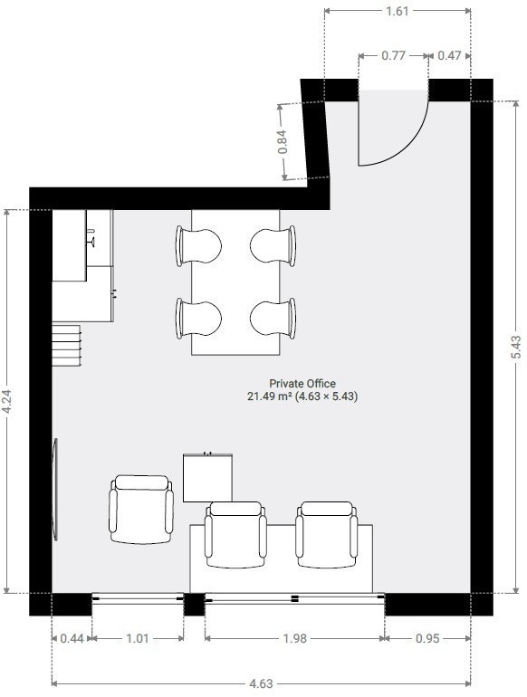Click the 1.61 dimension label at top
pos(398,12)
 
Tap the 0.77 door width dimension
pos(393,55)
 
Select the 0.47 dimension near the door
pos(449,55)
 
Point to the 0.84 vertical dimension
pos(283,142)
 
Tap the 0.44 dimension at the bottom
pos(72,639)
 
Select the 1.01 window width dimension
pos(138,639)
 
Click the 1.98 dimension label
pos(294,639)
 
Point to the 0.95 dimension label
pos(427,639)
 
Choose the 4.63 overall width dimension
pos(261,683)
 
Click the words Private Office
pos(302,384)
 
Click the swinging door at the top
pos(394,127)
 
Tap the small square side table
pos(209,477)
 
